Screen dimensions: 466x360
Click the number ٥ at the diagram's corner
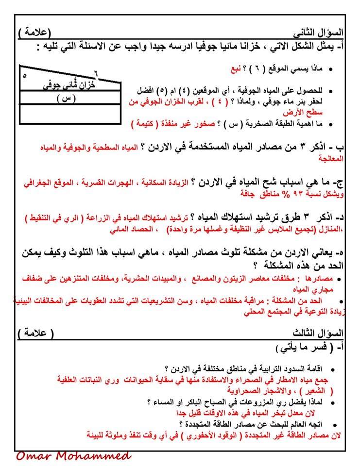point(25,76)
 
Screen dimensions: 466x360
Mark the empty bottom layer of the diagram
point(69,114)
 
